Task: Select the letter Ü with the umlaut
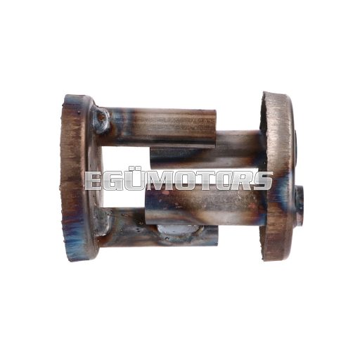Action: pos(136,180)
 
